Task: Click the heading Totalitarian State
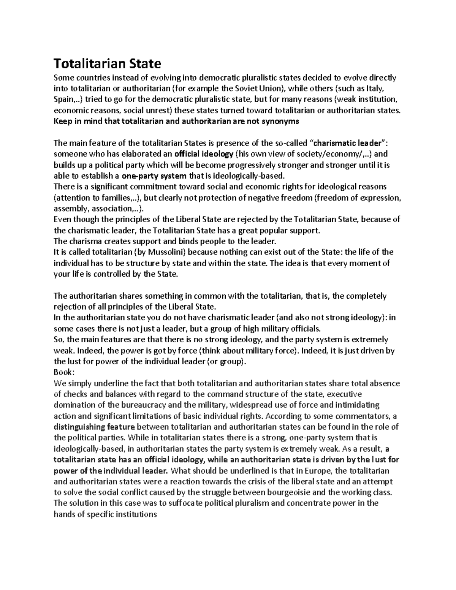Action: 107,63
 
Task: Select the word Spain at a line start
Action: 63,100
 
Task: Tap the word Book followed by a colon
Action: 62,372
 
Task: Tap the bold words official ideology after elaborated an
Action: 204,154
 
